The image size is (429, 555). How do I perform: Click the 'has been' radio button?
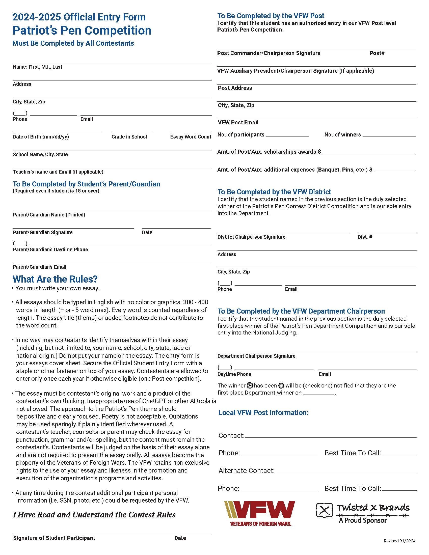coord(250,385)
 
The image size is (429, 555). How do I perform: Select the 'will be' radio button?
coord(281,385)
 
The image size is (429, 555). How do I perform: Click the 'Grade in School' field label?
coord(129,137)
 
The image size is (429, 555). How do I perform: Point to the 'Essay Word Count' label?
coord(191,137)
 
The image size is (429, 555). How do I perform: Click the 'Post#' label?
coord(377,53)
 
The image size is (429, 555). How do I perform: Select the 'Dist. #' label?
coord(365,237)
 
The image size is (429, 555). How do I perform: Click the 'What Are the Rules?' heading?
coord(55,279)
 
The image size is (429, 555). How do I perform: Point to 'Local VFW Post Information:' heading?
coord(263,412)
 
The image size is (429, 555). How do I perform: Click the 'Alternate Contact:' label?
coord(247,471)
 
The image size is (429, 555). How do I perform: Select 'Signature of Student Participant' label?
coord(54,538)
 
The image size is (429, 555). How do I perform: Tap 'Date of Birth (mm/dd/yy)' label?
coord(41,137)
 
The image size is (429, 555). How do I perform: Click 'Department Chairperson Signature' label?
coord(256,356)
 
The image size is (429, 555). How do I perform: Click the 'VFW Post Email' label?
coord(238,123)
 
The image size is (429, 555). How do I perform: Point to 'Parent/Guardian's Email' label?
coord(39,267)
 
